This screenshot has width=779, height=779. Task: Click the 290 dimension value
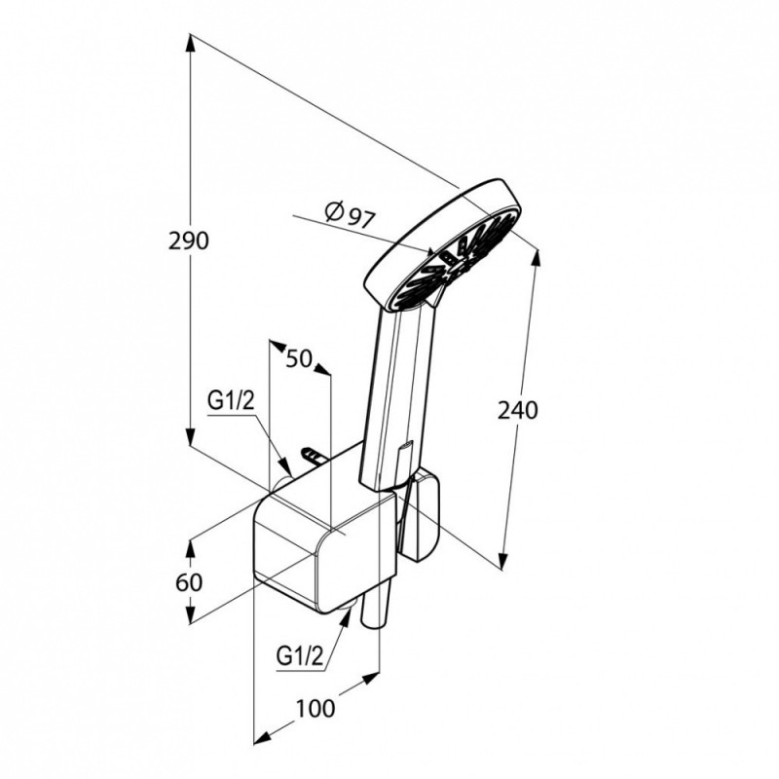point(189,241)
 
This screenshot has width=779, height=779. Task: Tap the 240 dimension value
point(518,410)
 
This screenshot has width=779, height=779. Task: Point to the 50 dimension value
point(299,358)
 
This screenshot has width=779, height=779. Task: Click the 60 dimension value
point(189,582)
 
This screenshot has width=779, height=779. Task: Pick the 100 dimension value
point(315,708)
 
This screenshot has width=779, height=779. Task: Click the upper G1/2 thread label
point(231,400)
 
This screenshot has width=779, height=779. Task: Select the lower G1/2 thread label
point(300,656)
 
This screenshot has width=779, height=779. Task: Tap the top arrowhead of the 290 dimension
point(190,42)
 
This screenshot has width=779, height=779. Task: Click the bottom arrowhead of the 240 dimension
point(503,561)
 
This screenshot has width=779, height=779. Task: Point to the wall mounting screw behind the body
point(313,455)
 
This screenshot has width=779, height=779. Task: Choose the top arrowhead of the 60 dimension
point(190,548)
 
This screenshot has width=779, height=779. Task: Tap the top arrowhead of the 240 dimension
point(536,257)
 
